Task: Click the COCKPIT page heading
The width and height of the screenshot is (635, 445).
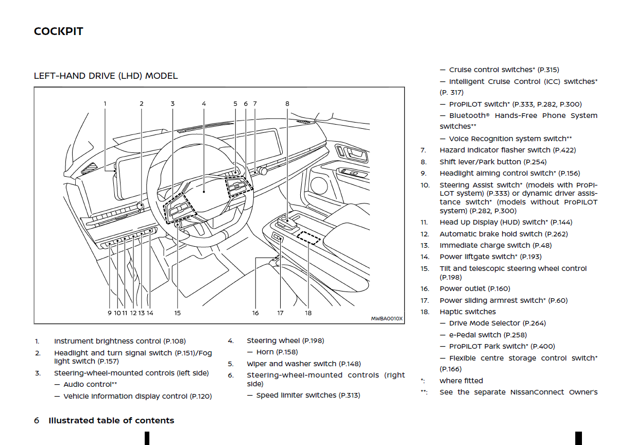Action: coord(58,31)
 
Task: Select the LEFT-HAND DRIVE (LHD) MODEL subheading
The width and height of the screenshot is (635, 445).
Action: coord(106,76)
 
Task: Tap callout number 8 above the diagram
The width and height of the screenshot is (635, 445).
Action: coord(287,104)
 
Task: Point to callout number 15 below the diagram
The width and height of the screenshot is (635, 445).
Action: coord(177,313)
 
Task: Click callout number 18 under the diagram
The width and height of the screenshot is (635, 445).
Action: coord(308,313)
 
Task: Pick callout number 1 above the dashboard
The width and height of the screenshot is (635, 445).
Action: coord(105,104)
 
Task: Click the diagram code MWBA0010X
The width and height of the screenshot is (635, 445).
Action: coord(387,319)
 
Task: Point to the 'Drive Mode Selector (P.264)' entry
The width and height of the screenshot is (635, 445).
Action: coord(497,323)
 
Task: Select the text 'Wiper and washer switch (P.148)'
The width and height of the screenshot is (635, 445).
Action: coord(304,364)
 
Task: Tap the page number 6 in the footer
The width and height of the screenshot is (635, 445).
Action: coord(37,421)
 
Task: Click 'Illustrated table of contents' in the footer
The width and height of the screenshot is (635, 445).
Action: coord(111,421)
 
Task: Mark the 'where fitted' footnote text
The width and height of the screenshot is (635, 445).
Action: coord(461,381)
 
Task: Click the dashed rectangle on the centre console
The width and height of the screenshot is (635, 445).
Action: coord(308,237)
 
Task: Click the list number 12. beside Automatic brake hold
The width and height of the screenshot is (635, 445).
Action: coord(424,234)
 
